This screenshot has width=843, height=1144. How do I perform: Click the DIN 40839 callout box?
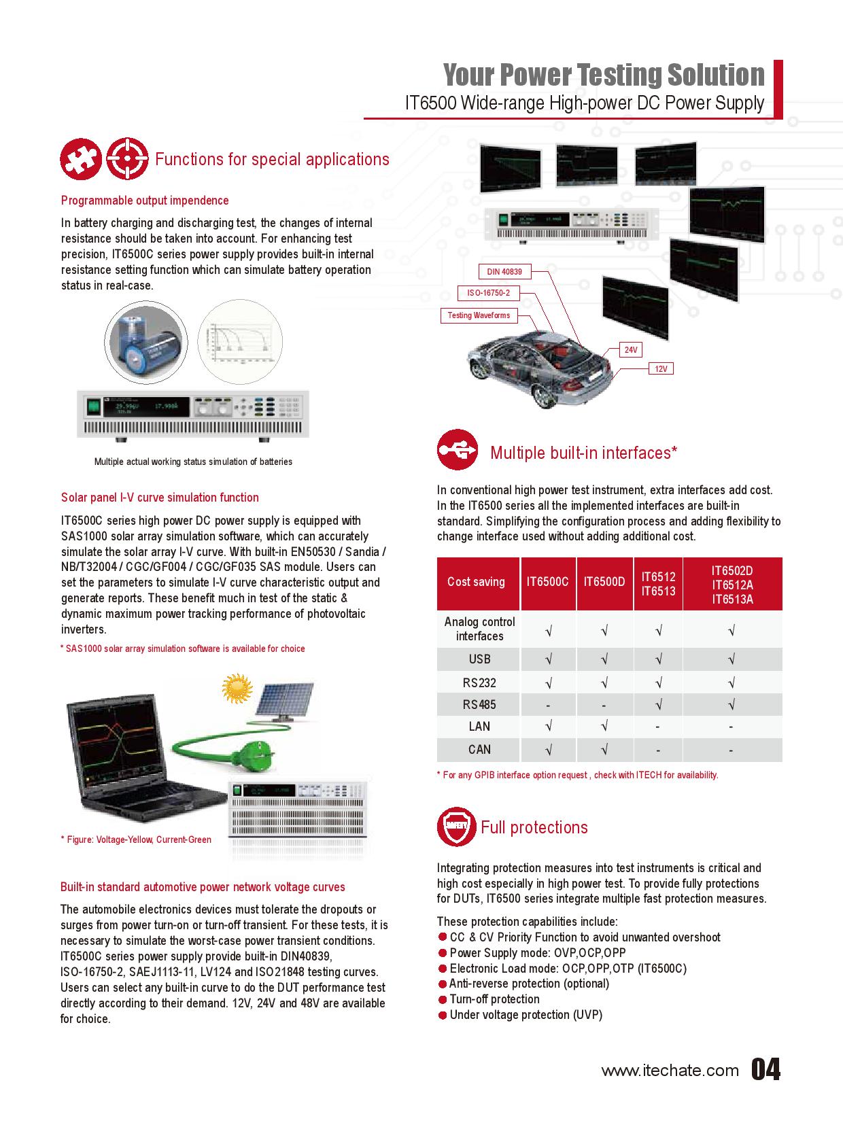[x=504, y=272]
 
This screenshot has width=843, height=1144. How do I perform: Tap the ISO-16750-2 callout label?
[x=488, y=293]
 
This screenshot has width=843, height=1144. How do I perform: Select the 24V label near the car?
[x=631, y=350]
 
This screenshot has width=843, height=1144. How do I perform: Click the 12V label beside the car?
[x=661, y=368]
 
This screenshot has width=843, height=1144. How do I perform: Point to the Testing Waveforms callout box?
[x=479, y=315]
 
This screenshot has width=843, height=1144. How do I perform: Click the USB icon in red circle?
[x=458, y=449]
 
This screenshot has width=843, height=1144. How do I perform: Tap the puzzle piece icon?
[x=80, y=160]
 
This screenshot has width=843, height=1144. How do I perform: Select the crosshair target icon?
[x=128, y=160]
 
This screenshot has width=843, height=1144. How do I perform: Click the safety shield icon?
[x=455, y=827]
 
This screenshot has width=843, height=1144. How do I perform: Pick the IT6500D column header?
[x=604, y=582]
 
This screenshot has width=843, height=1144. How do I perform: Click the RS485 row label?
[x=479, y=705]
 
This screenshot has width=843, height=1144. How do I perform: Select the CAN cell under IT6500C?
[x=548, y=750]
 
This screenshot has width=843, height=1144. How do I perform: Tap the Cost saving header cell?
[x=476, y=582]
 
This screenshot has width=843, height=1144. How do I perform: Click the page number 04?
[x=766, y=1070]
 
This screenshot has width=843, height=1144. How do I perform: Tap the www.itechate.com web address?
[x=670, y=1071]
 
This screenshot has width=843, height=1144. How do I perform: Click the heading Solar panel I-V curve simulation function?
[x=160, y=498]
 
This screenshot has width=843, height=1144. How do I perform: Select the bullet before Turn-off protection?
[x=443, y=999]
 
